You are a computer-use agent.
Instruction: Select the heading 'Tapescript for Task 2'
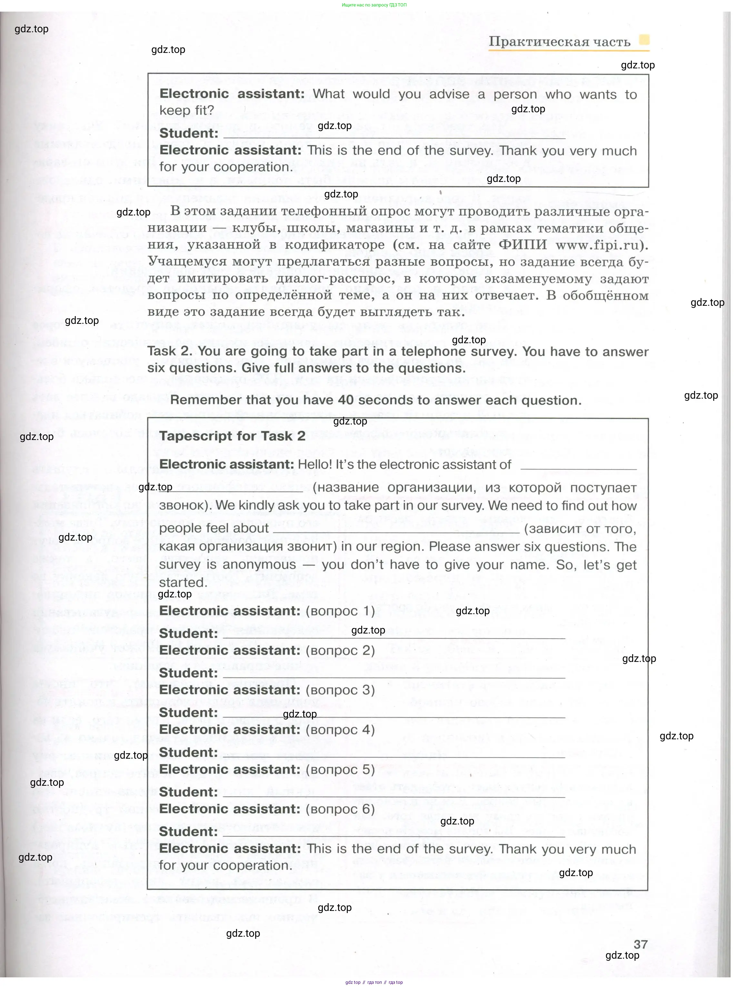click(232, 436)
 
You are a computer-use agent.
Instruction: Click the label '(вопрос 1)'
click(340, 611)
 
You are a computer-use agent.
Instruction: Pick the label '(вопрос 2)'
click(340, 650)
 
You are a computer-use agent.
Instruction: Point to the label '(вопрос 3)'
click(340, 690)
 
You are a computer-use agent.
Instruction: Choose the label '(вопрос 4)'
click(340, 730)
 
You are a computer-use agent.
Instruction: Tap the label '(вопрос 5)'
click(340, 770)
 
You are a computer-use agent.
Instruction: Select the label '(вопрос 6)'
click(340, 809)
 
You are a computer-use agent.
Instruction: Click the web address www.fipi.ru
click(601, 245)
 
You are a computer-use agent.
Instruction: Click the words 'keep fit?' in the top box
click(187, 110)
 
